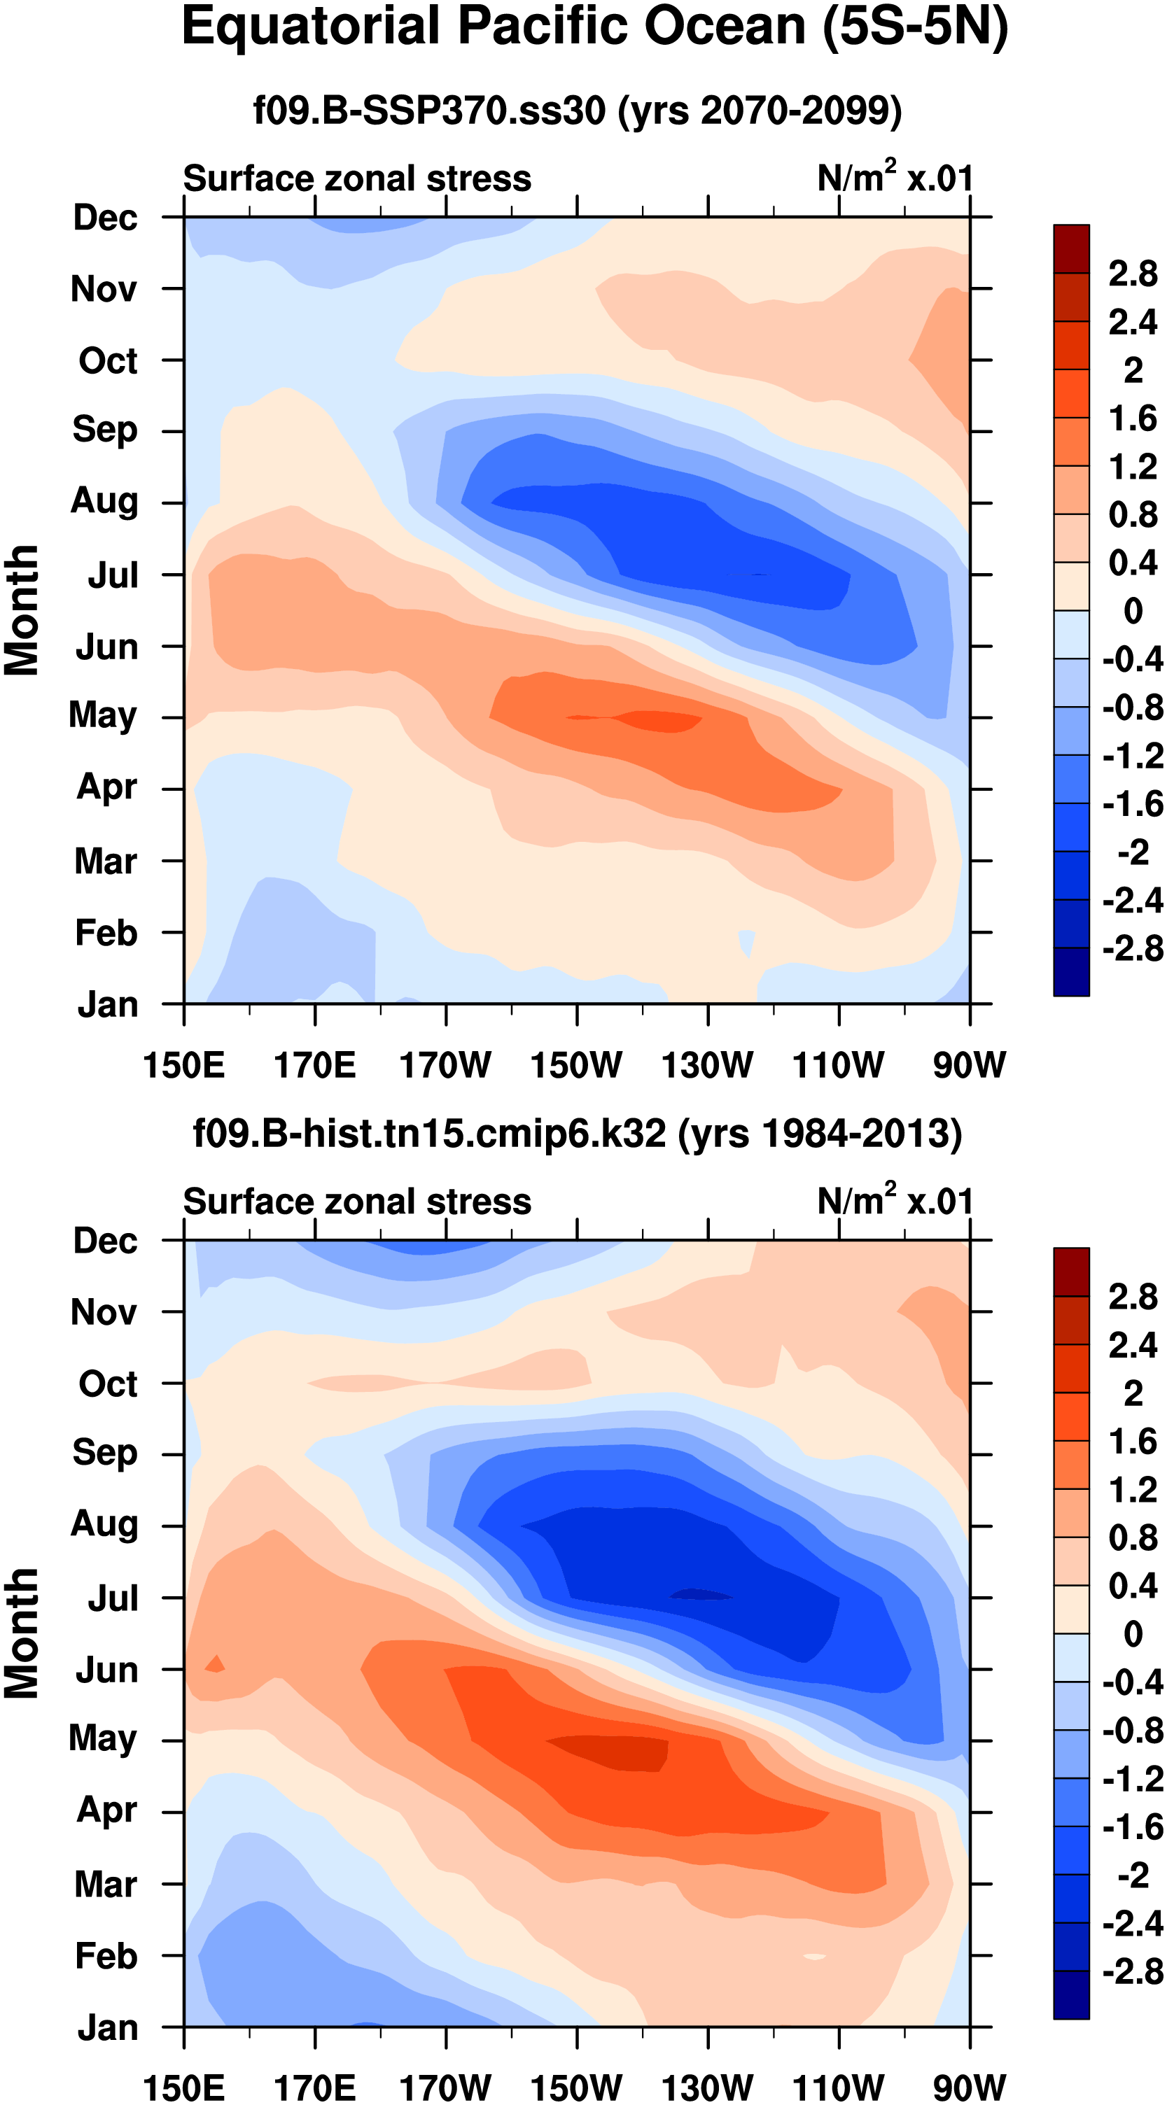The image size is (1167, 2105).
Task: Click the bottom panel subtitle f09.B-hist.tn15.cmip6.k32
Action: [x=577, y=1134]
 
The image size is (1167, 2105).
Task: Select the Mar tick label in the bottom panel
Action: [x=106, y=1884]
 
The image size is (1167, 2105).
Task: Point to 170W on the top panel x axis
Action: [x=445, y=1065]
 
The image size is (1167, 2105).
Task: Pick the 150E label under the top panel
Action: [x=184, y=1065]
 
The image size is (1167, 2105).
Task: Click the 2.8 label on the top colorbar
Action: [x=1133, y=273]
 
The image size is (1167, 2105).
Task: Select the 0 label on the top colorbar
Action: [x=1133, y=610]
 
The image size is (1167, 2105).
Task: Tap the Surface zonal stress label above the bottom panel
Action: [x=357, y=1202]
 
